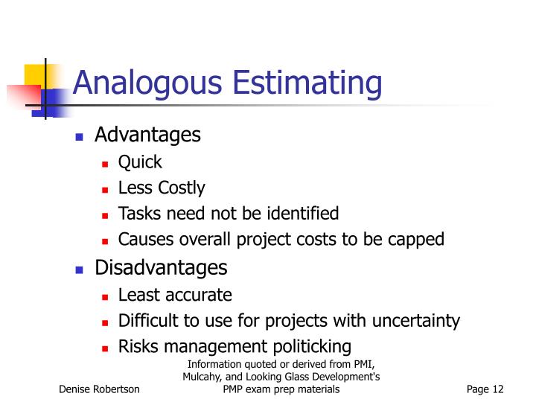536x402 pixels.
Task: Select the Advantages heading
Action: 147,135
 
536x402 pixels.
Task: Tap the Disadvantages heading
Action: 161,267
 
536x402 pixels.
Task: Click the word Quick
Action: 140,162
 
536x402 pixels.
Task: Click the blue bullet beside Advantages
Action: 79,137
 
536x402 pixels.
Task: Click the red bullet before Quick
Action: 105,164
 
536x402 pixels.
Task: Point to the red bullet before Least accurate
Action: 105,296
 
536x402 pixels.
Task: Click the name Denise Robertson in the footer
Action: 99,389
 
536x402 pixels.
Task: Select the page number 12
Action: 497,389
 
